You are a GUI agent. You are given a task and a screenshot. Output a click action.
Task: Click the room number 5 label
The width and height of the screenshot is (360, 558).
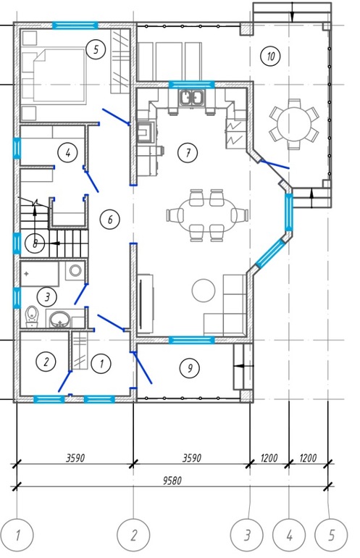[x=96, y=49]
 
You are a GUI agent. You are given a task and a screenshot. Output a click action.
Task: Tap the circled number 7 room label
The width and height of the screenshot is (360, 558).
[x=188, y=153]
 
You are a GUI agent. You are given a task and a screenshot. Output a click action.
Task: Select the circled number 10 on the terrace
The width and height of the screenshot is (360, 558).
[x=270, y=57]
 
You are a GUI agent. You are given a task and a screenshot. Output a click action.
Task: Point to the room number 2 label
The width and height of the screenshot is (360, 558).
[x=46, y=362]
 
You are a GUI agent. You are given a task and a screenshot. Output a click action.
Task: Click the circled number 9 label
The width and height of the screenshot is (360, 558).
[x=190, y=367]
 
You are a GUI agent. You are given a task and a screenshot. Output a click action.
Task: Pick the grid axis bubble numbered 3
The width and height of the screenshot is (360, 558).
[x=247, y=535]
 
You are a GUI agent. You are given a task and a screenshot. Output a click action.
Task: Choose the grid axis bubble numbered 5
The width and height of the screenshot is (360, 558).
[x=331, y=535]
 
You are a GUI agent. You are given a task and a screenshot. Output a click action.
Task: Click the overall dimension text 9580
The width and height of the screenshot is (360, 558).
[x=172, y=480]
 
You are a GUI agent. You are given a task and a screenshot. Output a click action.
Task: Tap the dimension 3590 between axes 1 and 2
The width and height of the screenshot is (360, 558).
[x=75, y=458]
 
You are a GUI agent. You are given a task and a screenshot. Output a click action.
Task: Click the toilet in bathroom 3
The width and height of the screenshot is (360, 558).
[x=32, y=317]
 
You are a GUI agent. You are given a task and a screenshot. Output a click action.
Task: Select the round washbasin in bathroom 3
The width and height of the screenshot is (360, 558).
[x=59, y=319]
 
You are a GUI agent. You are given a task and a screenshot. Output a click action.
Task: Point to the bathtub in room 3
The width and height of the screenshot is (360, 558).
[x=39, y=274]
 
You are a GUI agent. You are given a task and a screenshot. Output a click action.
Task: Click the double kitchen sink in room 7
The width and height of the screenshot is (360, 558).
[x=192, y=97]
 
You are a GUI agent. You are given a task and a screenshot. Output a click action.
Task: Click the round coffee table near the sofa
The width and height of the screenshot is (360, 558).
[x=204, y=290]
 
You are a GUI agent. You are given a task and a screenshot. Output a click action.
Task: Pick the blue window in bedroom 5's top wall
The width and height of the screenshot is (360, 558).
[x=75, y=25]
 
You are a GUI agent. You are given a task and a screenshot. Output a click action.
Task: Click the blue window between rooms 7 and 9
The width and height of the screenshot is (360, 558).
[x=192, y=340]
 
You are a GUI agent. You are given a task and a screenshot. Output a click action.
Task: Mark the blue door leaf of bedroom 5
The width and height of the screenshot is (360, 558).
[x=116, y=117]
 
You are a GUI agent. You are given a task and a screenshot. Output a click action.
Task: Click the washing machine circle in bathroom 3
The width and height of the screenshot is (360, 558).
[x=75, y=270]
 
